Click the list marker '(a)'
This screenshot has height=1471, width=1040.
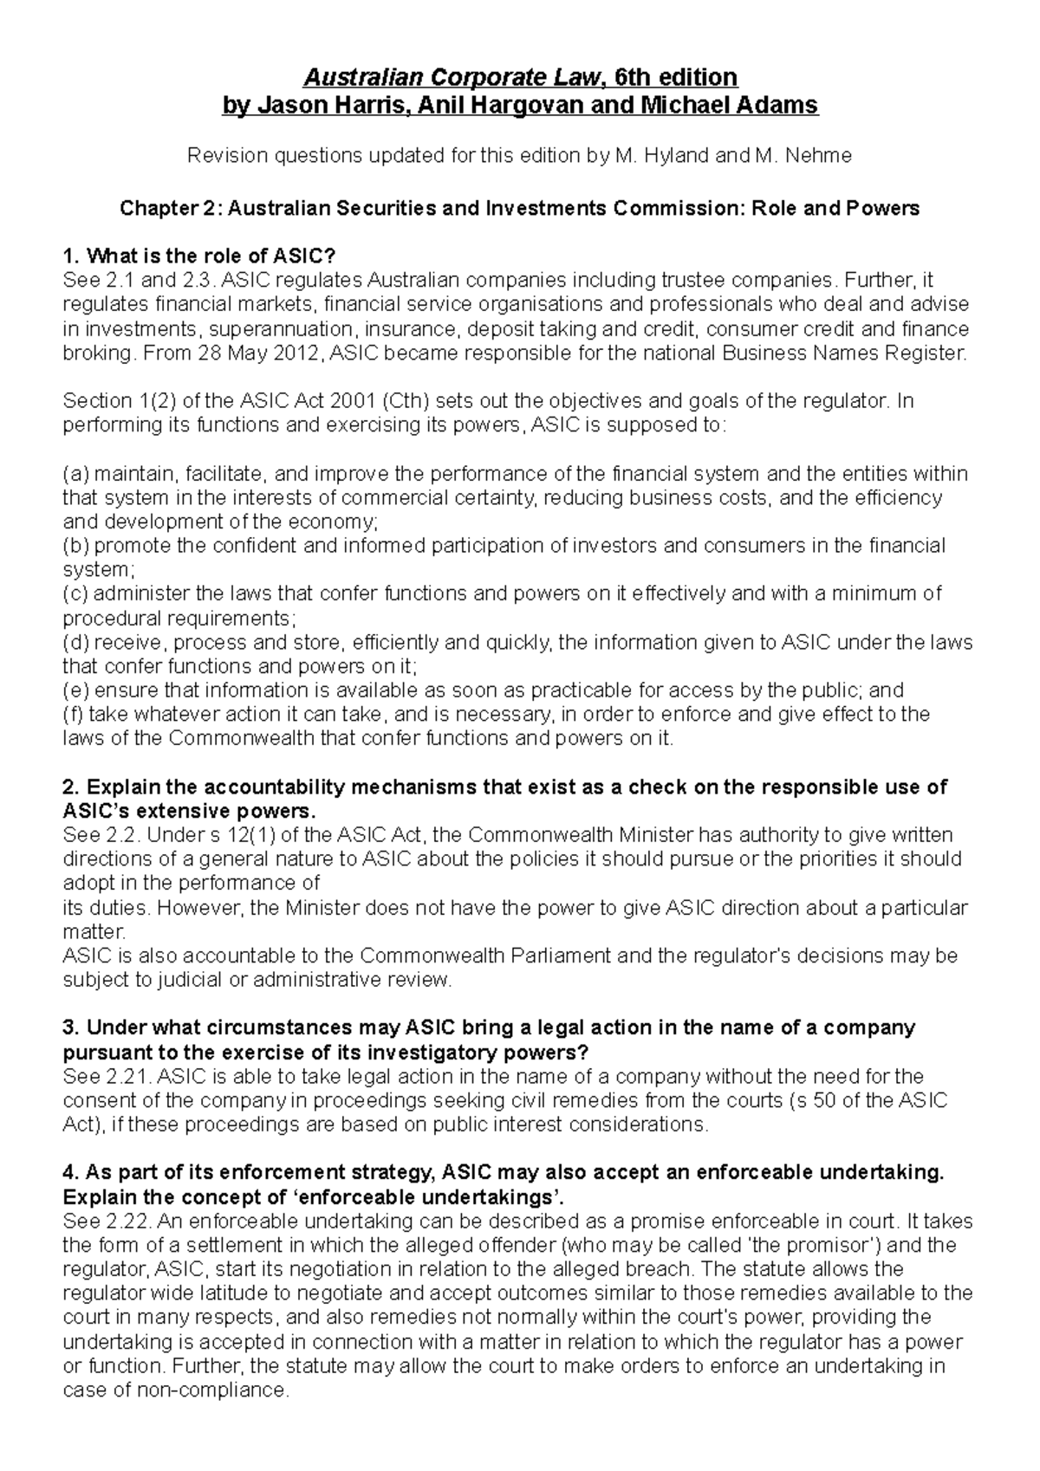[75, 474]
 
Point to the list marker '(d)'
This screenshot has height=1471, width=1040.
[75, 643]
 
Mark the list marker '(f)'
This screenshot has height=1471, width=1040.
[74, 715]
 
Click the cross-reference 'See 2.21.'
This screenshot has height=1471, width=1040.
[107, 1077]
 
